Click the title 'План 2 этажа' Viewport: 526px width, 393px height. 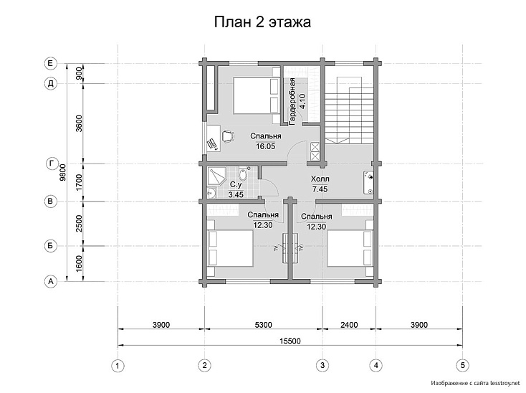262,22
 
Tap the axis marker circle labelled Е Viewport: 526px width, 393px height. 51,63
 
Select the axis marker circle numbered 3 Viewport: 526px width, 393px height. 322,366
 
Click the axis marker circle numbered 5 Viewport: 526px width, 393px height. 463,366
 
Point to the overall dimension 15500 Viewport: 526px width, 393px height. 290,341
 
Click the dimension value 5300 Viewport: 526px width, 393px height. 264,325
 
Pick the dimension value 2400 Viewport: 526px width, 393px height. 349,325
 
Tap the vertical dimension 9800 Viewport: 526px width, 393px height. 62,173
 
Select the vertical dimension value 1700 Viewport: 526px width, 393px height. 79,183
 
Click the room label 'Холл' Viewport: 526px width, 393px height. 320,179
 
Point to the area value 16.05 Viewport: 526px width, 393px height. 266,146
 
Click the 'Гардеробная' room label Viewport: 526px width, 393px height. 292,102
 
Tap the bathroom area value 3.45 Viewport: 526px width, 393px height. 236,194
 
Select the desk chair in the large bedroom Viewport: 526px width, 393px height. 228,136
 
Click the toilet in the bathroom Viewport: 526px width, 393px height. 242,174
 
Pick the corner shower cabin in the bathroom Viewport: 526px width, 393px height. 216,176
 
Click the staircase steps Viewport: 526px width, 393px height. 349,110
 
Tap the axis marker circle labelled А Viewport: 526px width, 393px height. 51,281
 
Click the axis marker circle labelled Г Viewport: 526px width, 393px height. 51,164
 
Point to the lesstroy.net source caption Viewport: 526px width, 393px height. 475,382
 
